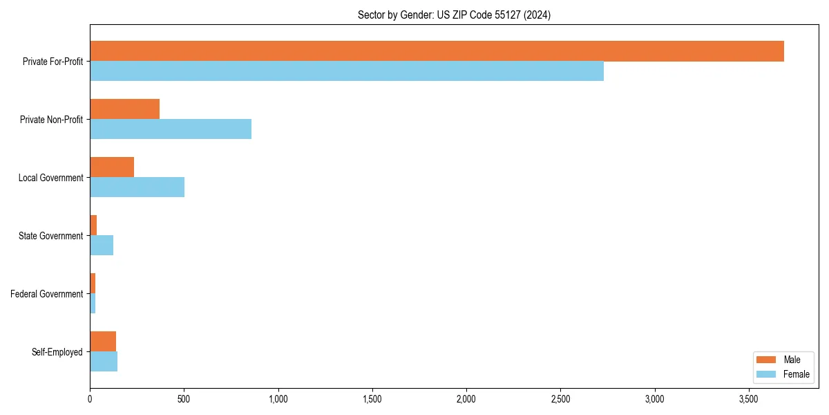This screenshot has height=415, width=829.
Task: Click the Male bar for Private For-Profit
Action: [437, 51]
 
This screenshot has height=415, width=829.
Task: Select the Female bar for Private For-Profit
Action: [347, 71]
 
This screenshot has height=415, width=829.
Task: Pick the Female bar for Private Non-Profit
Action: [171, 129]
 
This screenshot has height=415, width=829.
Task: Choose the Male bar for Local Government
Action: [112, 167]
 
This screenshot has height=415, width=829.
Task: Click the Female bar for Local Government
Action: [137, 187]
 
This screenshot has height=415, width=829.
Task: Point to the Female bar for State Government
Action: [102, 246]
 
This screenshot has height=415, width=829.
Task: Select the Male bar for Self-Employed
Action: [103, 342]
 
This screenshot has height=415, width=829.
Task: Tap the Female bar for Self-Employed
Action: [104, 362]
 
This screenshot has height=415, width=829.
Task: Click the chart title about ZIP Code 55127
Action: [454, 15]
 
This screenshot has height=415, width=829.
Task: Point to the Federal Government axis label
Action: [47, 294]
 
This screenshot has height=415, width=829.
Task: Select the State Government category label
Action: [51, 236]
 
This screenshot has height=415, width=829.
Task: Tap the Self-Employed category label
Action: [57, 352]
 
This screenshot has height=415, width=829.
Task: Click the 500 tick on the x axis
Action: [184, 399]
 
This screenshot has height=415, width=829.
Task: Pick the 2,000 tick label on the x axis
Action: [466, 399]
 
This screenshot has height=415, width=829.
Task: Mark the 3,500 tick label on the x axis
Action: [749, 399]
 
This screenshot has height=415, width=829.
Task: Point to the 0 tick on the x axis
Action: [90, 399]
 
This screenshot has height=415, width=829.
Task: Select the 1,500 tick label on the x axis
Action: [372, 399]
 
